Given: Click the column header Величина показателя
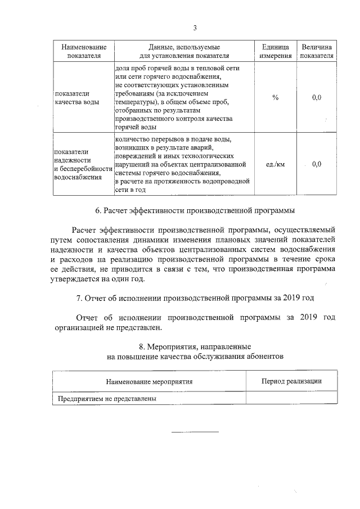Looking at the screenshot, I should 317,51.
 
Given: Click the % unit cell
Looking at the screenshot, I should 275,98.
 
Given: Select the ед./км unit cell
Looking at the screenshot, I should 275,164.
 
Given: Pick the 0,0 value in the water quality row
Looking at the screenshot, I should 317,98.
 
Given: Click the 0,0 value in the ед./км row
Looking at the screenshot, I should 317,164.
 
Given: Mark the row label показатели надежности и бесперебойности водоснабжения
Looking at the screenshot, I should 80,164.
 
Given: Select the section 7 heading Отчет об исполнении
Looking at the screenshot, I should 195,296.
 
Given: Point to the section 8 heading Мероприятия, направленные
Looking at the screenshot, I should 195,346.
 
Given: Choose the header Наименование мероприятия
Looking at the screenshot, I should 149,381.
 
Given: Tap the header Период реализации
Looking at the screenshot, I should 291,381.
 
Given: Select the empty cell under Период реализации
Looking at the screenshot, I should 291,398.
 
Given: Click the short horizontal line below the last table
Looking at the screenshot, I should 195,431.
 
